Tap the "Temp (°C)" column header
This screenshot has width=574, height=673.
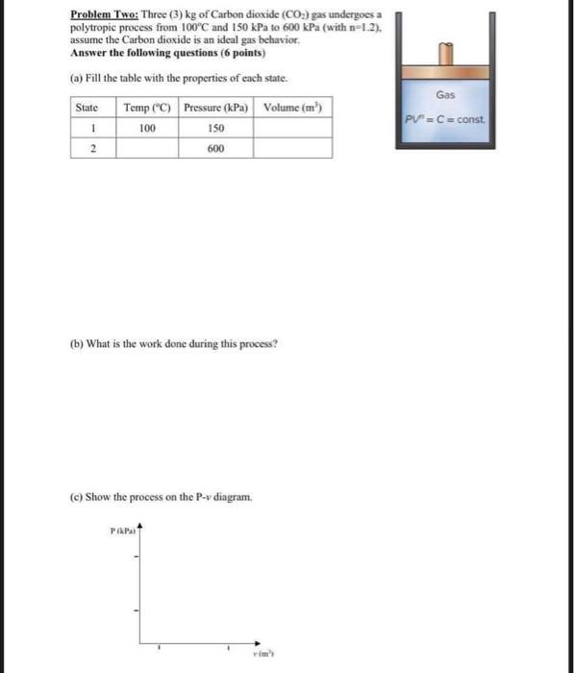tap(147, 107)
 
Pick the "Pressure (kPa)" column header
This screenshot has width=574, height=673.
tap(216, 107)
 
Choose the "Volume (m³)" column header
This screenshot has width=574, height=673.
tap(293, 107)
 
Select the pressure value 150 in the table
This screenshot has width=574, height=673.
tap(216, 127)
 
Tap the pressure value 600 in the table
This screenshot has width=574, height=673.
tap(216, 148)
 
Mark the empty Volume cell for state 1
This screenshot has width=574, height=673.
tap(293, 127)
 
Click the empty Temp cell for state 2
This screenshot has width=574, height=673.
tap(147, 148)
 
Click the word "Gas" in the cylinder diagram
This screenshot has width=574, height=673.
tap(445, 95)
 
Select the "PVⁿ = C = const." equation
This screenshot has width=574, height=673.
tap(445, 119)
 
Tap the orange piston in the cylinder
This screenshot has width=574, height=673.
tap(445, 72)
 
